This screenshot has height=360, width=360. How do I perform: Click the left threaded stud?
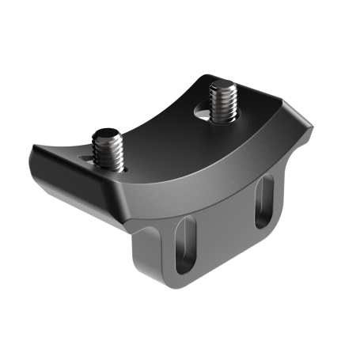(x=111, y=151)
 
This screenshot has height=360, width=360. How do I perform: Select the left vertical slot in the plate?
(x=185, y=247)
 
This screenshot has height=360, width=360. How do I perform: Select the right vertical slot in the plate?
(x=264, y=203)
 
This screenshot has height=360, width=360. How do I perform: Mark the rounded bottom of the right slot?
(x=263, y=223)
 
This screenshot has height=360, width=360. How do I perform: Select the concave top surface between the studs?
(x=162, y=127)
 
